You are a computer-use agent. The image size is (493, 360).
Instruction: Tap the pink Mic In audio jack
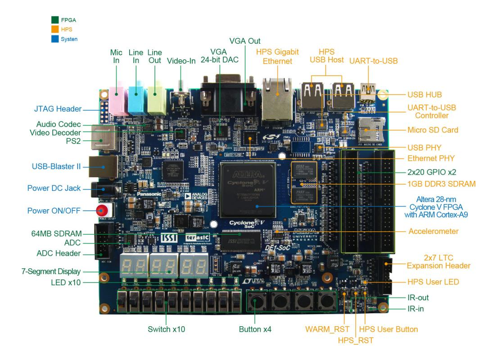pyautogui.click(x=116, y=98)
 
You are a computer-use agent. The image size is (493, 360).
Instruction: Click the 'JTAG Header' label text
pyautogui.click(x=57, y=109)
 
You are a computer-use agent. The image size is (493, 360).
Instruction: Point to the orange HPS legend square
pyautogui.click(x=55, y=29)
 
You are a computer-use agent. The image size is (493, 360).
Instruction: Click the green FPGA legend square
pyautogui.click(x=55, y=20)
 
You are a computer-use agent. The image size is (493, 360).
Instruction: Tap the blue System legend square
pyautogui.click(x=55, y=39)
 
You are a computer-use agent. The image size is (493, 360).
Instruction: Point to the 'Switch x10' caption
pyautogui.click(x=166, y=329)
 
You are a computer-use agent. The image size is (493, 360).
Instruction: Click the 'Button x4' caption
pyautogui.click(x=255, y=329)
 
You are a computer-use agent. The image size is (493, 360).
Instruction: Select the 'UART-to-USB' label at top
pyautogui.click(x=373, y=60)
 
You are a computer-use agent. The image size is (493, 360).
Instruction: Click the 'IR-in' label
pyautogui.click(x=415, y=309)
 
